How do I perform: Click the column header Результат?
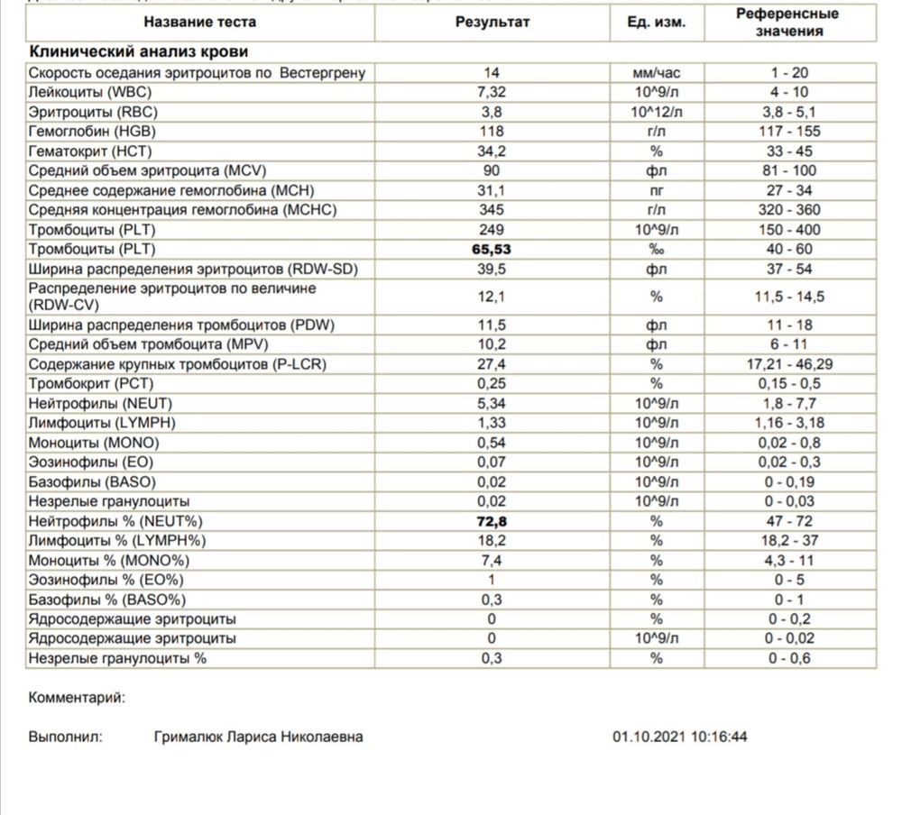[492, 22]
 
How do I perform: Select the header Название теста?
[200, 22]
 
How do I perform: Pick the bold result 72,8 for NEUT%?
[492, 521]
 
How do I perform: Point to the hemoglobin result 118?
[492, 132]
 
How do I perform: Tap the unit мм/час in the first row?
[656, 73]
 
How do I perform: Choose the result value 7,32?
[492, 92]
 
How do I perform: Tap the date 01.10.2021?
[649, 737]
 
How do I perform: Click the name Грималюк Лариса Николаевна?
[259, 737]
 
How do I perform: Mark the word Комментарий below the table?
[77, 697]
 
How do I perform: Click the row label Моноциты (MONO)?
[94, 443]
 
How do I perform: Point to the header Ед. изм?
[656, 22]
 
